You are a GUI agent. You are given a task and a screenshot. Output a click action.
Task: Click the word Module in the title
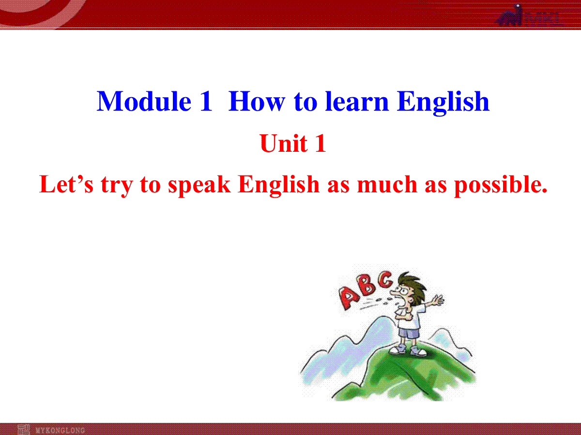click(x=144, y=101)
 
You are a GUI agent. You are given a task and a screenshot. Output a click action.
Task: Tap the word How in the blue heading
click(x=257, y=101)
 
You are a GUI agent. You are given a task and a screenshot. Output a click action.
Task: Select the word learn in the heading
click(x=357, y=101)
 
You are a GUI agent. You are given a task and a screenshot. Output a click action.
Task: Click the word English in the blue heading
click(x=443, y=103)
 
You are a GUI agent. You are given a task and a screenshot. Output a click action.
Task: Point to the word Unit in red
click(x=284, y=143)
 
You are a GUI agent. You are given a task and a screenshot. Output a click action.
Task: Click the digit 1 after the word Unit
click(x=321, y=143)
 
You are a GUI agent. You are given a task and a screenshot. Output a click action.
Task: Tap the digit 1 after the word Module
click(x=206, y=101)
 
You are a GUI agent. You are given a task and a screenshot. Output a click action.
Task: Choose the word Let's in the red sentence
click(x=66, y=184)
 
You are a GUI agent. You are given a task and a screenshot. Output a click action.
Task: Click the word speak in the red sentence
click(x=199, y=186)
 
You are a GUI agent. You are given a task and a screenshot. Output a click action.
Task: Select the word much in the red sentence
click(x=387, y=184)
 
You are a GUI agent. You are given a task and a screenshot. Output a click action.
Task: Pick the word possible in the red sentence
click(x=500, y=186)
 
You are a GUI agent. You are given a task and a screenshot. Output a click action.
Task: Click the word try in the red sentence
click(x=117, y=186)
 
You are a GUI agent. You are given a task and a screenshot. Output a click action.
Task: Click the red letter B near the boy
click(x=367, y=285)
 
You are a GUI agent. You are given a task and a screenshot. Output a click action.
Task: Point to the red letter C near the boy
click(x=385, y=279)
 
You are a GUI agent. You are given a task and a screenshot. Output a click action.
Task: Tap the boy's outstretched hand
click(x=438, y=300)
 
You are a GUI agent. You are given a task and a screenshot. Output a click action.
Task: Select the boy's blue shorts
click(x=409, y=333)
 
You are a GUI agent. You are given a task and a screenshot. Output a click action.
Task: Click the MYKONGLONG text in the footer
click(x=60, y=430)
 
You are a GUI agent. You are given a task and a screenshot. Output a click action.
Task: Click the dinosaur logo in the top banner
click(x=509, y=15)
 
